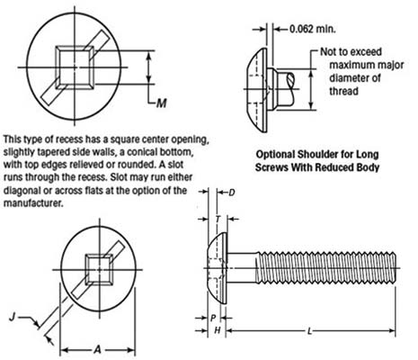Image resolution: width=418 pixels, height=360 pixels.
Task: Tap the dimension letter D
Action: pyautogui.click(x=231, y=193)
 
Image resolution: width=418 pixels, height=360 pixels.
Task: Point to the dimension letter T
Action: pyautogui.click(x=218, y=219)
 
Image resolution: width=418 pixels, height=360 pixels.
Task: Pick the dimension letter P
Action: pyautogui.click(x=212, y=318)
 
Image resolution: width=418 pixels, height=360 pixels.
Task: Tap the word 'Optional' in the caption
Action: pyautogui.click(x=280, y=153)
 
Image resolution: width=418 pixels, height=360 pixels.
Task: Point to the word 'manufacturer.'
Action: pyautogui.click(x=35, y=203)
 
